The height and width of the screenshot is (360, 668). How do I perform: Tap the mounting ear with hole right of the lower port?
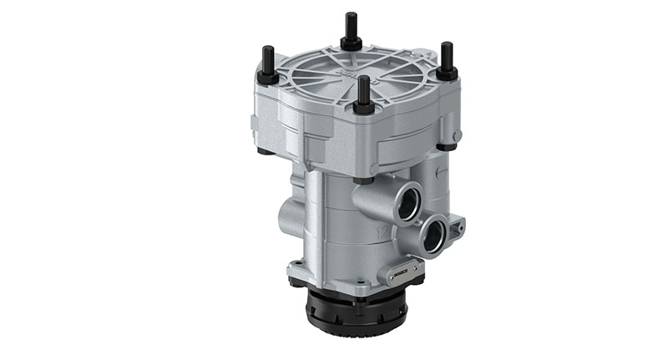point(455,225)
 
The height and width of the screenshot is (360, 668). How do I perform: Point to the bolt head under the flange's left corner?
point(265,151)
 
